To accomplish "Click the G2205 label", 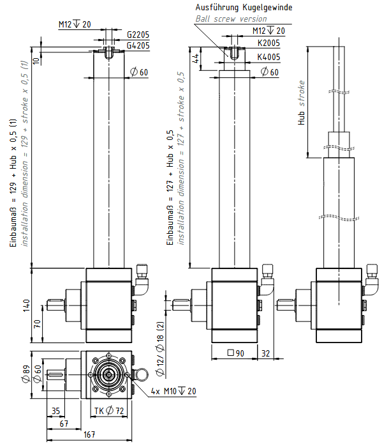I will click(x=138, y=35).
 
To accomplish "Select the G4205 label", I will click(x=138, y=45).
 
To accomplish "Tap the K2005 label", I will click(x=268, y=43).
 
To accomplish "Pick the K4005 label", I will click(x=268, y=57).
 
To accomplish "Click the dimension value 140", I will click(x=26, y=305).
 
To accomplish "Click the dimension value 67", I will click(x=64, y=424).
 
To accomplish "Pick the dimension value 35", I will click(x=55, y=411).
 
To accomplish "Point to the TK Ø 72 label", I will click(x=107, y=411).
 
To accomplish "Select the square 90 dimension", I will click(x=236, y=353).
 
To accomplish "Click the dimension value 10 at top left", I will click(x=36, y=61).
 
